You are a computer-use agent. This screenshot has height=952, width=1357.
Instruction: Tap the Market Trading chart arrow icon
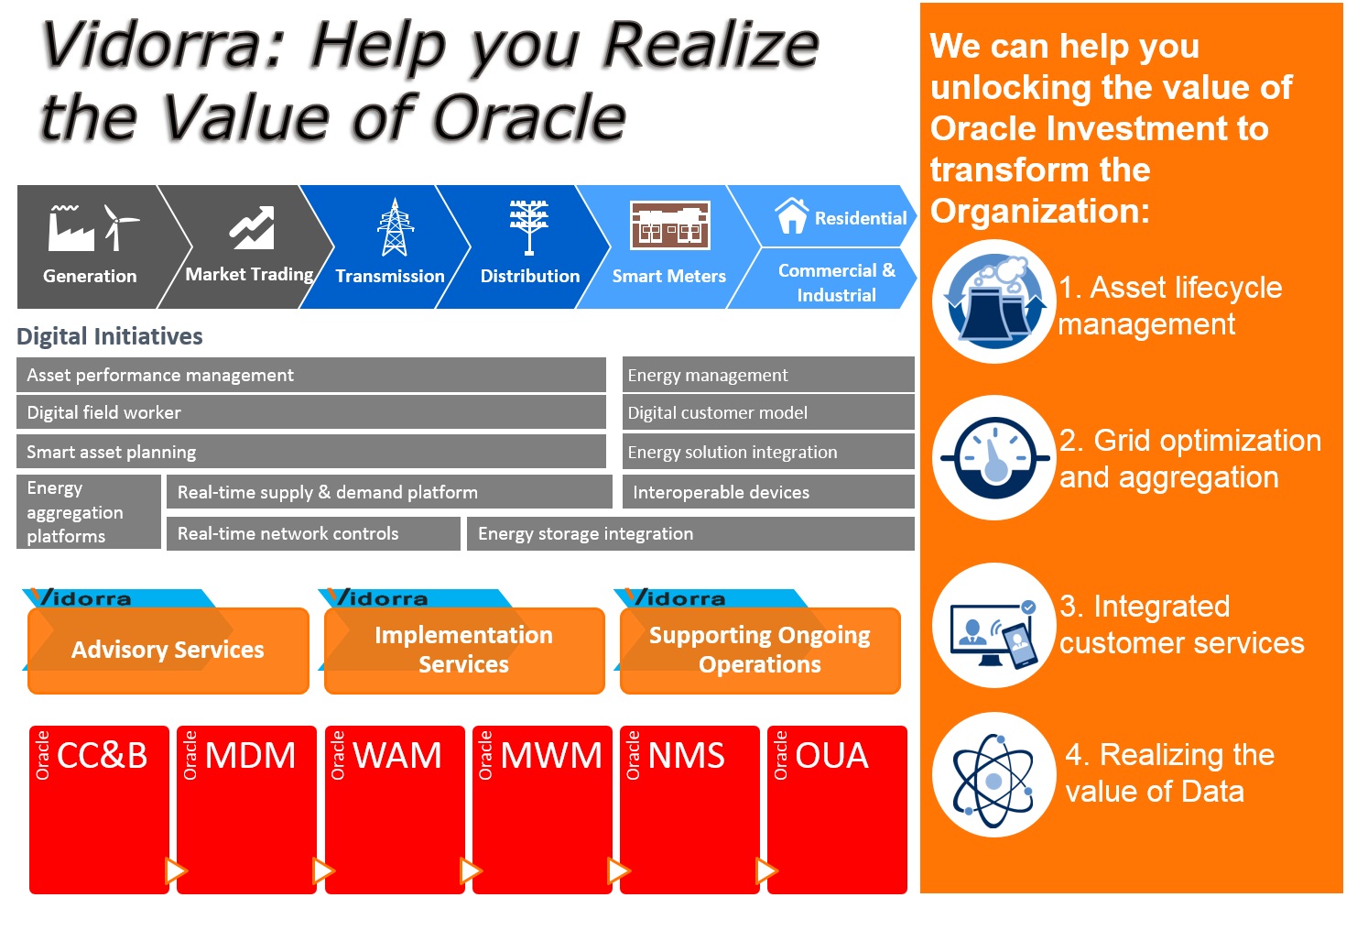[x=252, y=226]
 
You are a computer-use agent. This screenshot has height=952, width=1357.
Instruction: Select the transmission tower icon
[x=395, y=227]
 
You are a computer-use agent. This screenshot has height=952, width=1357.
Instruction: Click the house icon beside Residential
[x=791, y=216]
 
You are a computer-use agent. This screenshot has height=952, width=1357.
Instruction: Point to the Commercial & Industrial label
[x=836, y=282]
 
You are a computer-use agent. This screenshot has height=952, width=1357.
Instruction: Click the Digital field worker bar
[x=310, y=412]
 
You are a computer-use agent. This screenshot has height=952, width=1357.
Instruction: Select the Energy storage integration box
[x=690, y=533]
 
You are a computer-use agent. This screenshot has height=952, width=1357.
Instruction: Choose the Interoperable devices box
[x=767, y=492]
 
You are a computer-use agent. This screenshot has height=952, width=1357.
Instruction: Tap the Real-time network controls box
[x=313, y=533]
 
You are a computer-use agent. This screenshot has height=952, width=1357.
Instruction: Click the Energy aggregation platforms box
[x=88, y=512]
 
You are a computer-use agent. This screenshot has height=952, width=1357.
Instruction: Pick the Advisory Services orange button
[x=168, y=650]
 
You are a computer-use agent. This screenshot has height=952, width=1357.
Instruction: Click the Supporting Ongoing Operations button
[x=759, y=650]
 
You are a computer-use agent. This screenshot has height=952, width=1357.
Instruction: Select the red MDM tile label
[x=251, y=756]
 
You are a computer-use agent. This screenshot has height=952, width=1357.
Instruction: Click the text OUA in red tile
[x=831, y=756]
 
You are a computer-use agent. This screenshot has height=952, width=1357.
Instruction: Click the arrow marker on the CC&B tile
[x=175, y=870]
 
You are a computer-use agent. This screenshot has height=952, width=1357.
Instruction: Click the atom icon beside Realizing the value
[x=993, y=775]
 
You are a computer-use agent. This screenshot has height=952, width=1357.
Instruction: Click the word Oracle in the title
[x=528, y=119]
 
